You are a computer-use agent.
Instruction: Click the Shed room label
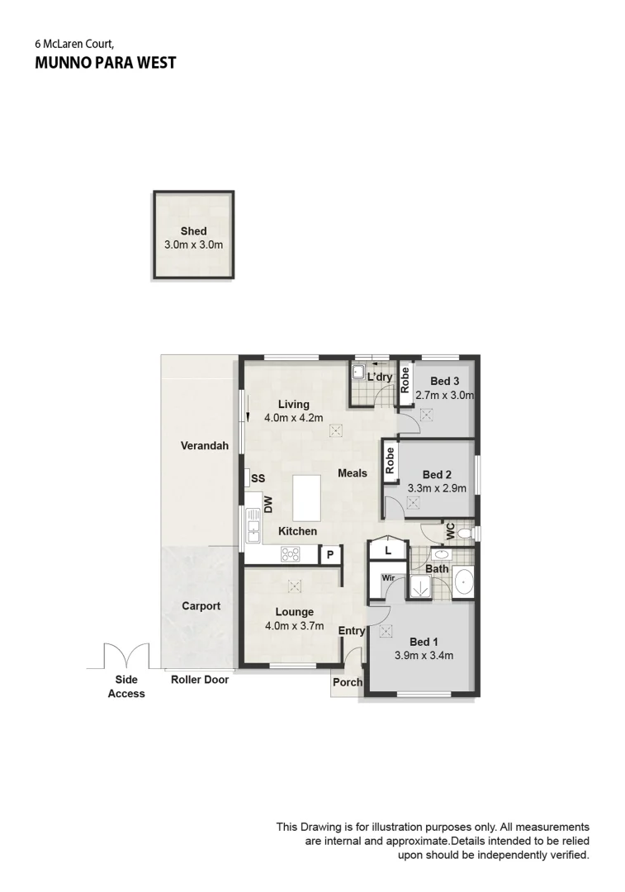point(193,231)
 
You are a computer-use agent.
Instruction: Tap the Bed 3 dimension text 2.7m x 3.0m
point(444,395)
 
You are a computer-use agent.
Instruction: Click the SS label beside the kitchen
point(258,478)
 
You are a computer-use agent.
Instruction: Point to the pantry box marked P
point(329,555)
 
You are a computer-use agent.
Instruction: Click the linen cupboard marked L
point(386,549)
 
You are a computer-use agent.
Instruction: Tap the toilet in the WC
point(465,534)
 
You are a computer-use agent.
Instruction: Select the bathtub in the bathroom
point(463,583)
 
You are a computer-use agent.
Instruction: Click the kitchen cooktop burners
point(289,554)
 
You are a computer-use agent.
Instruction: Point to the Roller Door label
point(200,680)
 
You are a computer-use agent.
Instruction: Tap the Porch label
point(347,682)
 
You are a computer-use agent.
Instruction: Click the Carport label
point(201,605)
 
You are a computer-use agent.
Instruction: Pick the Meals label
point(353,473)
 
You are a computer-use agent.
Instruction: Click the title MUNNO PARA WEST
point(105,63)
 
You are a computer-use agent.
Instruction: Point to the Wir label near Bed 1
point(387,578)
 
